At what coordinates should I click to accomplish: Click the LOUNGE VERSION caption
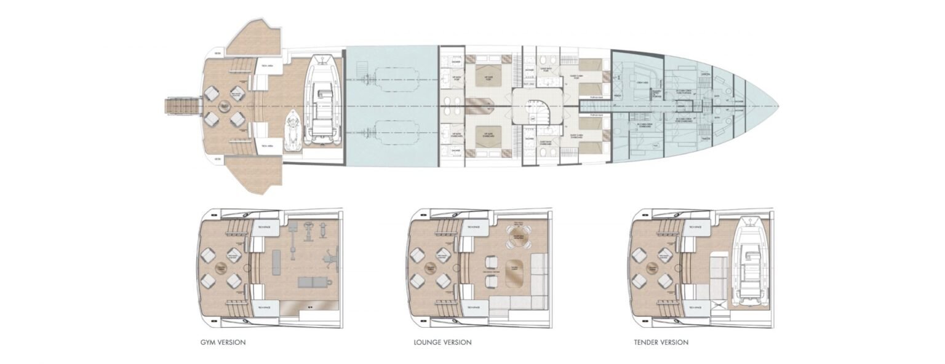[442, 342]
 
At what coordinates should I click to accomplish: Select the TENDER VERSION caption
[661, 342]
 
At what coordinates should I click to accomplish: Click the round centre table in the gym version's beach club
[221, 267]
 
